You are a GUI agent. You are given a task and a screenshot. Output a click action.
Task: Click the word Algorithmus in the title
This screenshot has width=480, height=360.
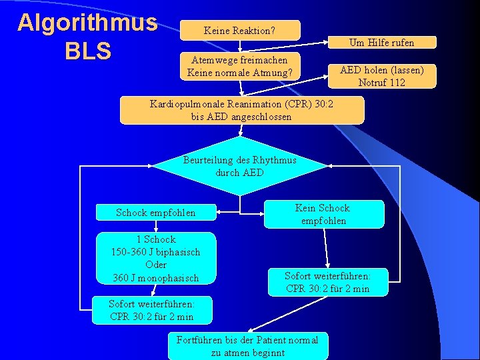[x=87, y=23]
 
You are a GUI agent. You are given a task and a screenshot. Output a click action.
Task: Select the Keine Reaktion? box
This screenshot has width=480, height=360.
[x=240, y=30]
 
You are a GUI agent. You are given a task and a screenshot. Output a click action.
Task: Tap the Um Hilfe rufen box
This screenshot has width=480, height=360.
[x=381, y=42]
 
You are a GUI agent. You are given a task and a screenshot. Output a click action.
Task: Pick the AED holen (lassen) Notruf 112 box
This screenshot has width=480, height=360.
[x=381, y=76]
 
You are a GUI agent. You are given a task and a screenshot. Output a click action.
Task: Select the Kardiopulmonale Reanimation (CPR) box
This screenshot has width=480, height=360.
[x=242, y=110]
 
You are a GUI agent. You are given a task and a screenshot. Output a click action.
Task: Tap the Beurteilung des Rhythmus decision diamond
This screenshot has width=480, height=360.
[x=240, y=166]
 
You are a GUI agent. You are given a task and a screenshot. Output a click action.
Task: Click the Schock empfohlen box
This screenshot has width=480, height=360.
[x=156, y=213]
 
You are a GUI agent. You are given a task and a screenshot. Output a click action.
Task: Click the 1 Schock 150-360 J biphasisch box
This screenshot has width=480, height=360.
[x=155, y=258]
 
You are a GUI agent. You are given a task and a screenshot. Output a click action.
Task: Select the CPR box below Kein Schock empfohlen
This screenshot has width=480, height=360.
[x=327, y=282]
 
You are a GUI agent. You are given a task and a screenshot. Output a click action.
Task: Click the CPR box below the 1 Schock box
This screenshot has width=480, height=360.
[x=151, y=310]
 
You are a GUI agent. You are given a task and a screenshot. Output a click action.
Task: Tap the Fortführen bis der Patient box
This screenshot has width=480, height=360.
[x=247, y=346]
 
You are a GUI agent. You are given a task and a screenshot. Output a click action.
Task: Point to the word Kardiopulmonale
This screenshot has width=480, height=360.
[x=185, y=104]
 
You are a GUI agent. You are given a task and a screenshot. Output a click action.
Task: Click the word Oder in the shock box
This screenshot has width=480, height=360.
[x=155, y=265]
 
